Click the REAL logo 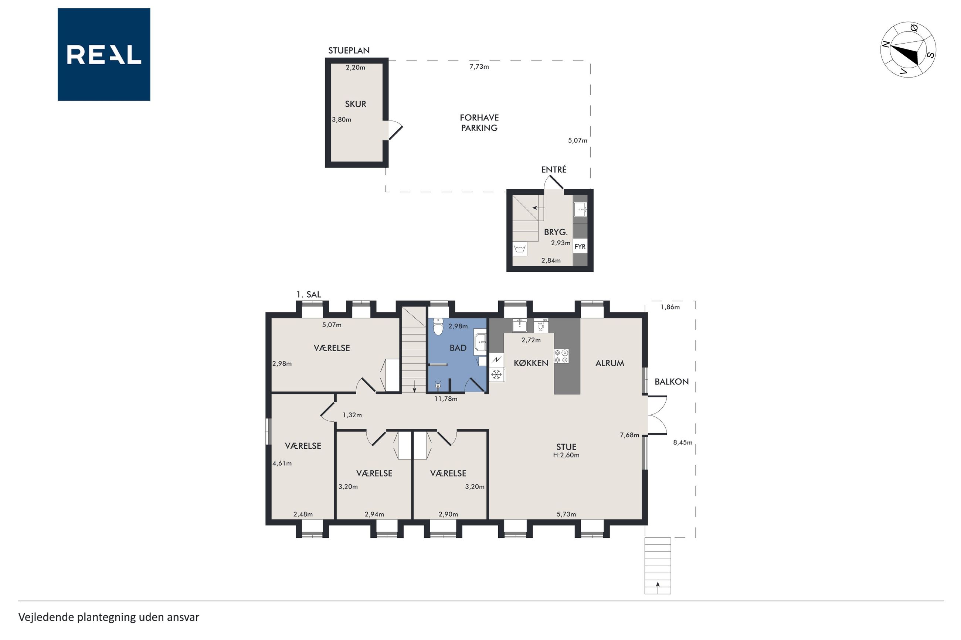click(104, 54)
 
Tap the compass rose click(908, 49)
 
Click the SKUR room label click(355, 104)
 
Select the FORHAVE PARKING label click(479, 123)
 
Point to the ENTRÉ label click(554, 170)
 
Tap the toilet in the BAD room click(438, 326)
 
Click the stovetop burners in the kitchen click(561, 356)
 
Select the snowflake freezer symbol click(497, 374)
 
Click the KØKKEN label click(531, 363)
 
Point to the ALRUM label click(609, 363)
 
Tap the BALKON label click(672, 381)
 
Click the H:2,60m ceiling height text click(566, 455)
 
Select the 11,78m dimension click(446, 399)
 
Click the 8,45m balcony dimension click(682, 442)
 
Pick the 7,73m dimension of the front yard click(479, 66)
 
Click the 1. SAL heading click(308, 294)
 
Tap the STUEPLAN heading click(349, 51)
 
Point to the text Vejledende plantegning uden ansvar click(109, 617)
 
